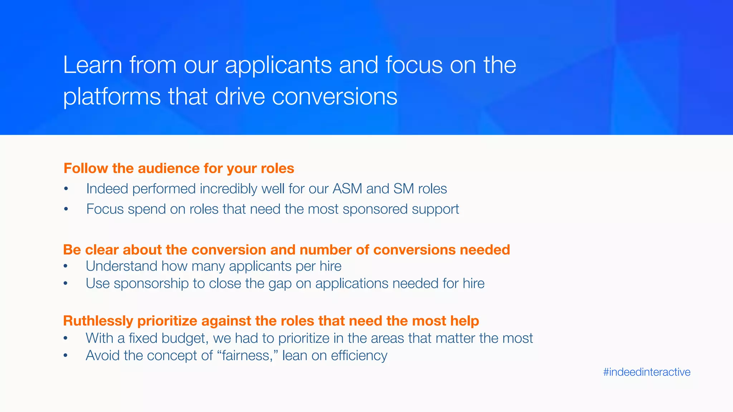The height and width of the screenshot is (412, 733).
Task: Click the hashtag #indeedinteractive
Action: click(646, 372)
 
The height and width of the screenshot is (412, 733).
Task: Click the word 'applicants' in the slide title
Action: click(278, 65)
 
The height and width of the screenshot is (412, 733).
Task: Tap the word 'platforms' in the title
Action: click(112, 97)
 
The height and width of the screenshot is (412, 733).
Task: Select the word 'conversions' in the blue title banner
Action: click(335, 97)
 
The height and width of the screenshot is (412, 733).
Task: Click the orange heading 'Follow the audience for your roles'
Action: click(179, 168)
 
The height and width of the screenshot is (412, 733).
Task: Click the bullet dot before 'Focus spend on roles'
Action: click(66, 209)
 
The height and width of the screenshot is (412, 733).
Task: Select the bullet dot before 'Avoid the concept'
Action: click(65, 356)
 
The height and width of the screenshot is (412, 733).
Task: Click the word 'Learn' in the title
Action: click(93, 65)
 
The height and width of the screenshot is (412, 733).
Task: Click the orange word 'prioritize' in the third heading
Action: click(167, 321)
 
